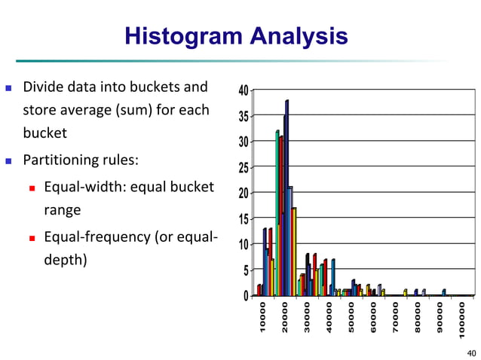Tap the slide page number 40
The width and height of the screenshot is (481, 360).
[471, 352]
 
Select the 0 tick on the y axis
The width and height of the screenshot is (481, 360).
[246, 296]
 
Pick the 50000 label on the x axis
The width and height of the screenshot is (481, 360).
[351, 319]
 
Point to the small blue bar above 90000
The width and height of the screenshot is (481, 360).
[444, 292]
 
